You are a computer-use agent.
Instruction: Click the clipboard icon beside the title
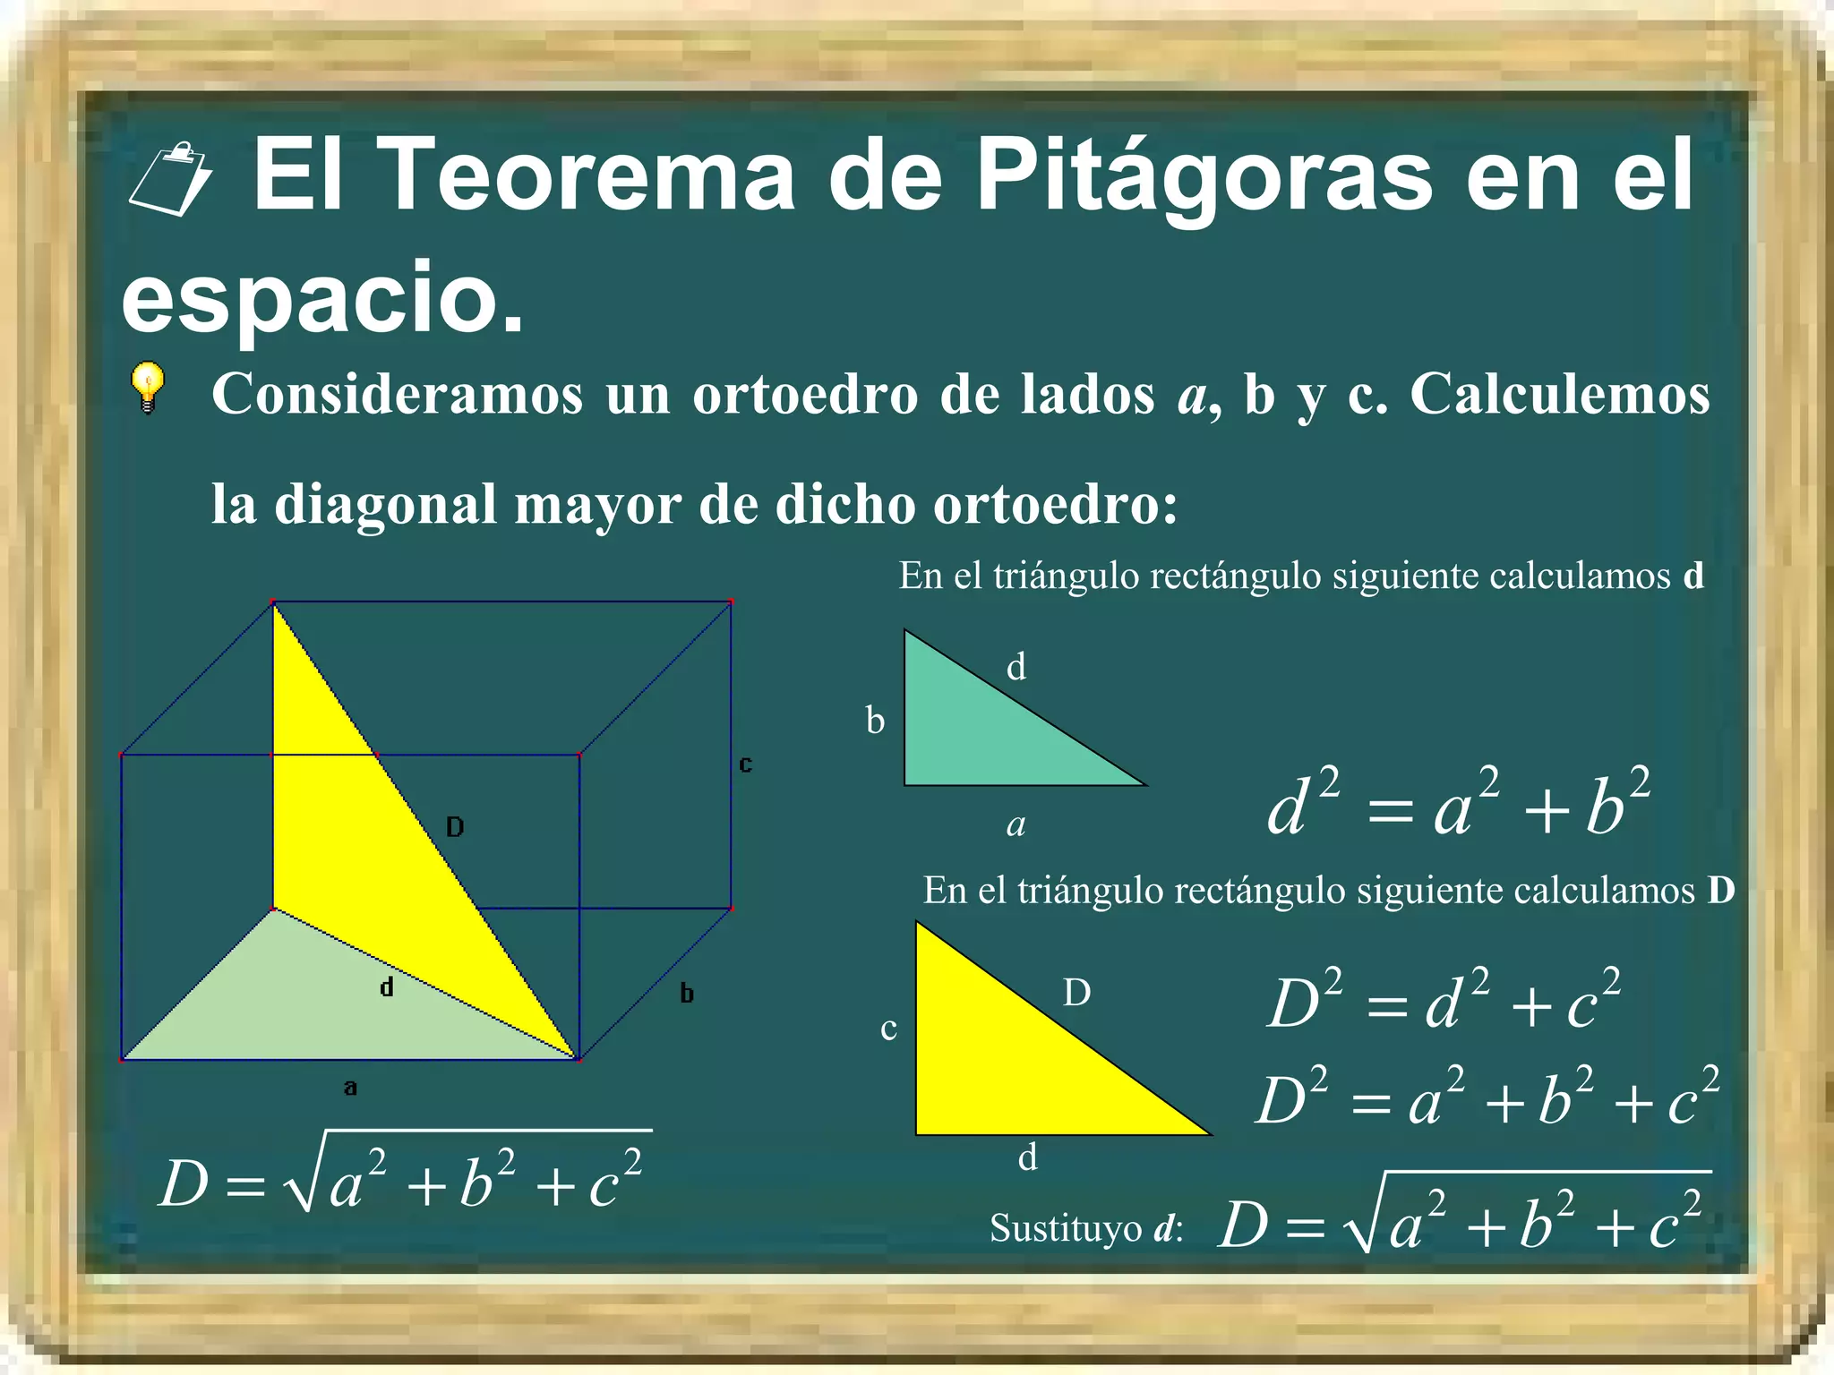pos(170,179)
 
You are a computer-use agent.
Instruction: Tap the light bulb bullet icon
pos(148,388)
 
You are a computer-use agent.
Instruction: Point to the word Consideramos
pos(397,394)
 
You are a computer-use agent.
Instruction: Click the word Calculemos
pos(1559,394)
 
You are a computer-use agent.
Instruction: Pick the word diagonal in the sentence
pos(385,504)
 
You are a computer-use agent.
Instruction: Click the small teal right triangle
pos(985,734)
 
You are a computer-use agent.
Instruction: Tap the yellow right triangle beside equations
pos(1012,1065)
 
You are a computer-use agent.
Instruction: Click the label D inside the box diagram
pos(455,826)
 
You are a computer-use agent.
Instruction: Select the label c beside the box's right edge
pos(745,764)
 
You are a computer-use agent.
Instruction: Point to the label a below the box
pos(350,1088)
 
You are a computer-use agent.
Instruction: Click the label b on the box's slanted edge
pos(687,993)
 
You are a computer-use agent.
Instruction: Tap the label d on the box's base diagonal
pos(386,986)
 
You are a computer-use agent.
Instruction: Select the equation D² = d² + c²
pos(1444,1000)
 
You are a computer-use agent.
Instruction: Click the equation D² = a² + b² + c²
pos(1487,1097)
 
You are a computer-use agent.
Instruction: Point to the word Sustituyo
pos(1067,1228)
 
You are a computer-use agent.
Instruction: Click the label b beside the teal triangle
pos(875,721)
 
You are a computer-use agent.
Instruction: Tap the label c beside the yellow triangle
pos(888,1029)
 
